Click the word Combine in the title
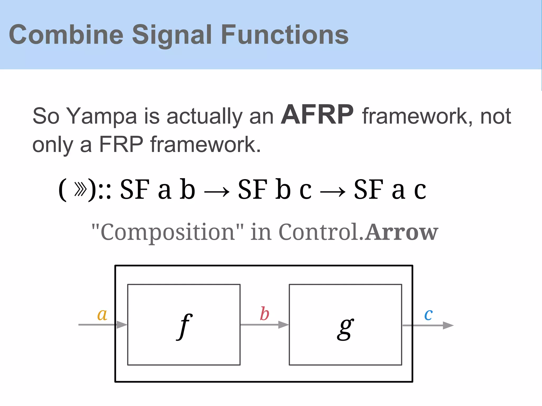(66, 35)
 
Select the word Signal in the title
(172, 35)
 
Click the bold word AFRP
(317, 115)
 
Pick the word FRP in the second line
(121, 144)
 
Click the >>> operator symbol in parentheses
(80, 189)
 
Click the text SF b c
(275, 189)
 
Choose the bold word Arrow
(401, 232)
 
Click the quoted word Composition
(168, 232)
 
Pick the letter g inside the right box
(345, 328)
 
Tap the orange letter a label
(102, 315)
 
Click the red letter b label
(264, 314)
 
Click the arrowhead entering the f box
(122, 325)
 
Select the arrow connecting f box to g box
(264, 325)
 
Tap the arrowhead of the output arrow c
(448, 325)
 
